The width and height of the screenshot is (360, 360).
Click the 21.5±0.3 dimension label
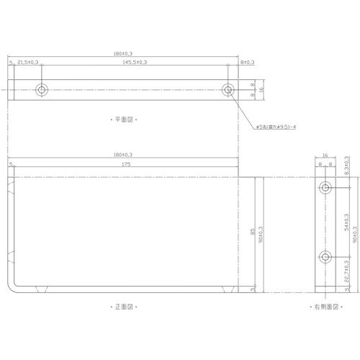[x=28, y=63]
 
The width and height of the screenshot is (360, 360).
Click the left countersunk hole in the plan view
[x=41, y=90]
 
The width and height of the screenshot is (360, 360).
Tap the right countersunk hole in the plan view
[x=228, y=90]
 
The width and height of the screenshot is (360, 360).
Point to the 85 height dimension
[x=251, y=232]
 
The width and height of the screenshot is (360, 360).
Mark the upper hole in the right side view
[x=325, y=188]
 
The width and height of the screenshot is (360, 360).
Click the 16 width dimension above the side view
[x=325, y=155]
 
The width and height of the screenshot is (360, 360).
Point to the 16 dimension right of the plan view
[x=262, y=90]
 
